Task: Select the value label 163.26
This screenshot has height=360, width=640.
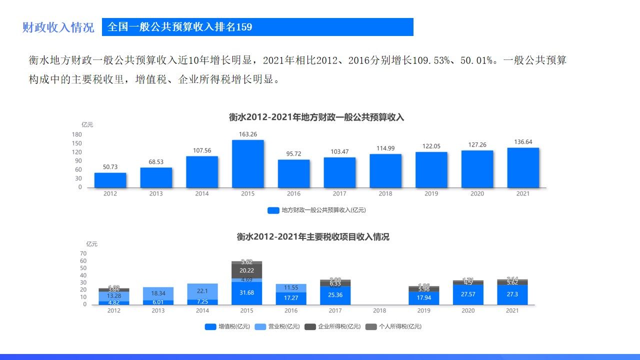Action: point(247,134)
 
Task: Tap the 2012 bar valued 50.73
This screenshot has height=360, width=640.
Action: point(110,180)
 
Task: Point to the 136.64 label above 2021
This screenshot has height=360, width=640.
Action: point(523,142)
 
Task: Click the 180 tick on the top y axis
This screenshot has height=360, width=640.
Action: point(77,134)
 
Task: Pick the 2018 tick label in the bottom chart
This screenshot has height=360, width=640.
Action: point(379,310)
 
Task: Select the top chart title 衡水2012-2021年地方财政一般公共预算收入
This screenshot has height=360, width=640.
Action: point(316,117)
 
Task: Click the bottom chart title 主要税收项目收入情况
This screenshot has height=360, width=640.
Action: point(313,237)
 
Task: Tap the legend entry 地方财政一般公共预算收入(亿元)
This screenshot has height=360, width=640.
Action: point(316,210)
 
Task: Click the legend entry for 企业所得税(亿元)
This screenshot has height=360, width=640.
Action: point(332,326)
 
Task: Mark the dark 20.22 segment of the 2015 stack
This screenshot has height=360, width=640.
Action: point(247,271)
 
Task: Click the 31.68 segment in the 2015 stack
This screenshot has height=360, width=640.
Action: point(247,293)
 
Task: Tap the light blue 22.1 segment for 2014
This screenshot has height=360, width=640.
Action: point(202,291)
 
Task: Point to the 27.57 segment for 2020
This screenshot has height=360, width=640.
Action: point(468,294)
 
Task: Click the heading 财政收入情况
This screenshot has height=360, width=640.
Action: point(58,27)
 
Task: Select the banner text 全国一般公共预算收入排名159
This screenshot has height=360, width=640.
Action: point(180,27)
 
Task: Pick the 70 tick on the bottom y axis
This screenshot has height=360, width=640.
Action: point(83,253)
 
